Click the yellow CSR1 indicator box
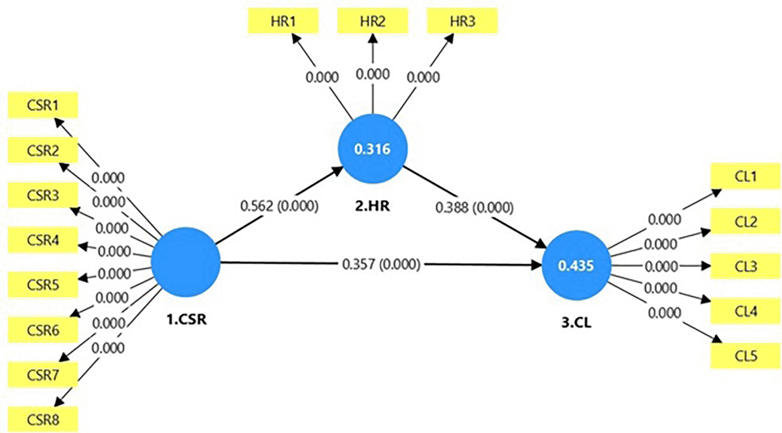pos(43,105)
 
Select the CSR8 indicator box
pos(43,419)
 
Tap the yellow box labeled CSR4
pos(43,240)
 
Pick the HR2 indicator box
pos(372,21)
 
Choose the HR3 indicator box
pos(462,21)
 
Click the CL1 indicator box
pos(746,176)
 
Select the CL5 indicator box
pos(746,356)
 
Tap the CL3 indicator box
pos(746,266)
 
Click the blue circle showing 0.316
pos(372,149)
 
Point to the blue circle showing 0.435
pos(576,265)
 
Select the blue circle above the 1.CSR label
pos(186,262)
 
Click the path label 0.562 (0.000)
pos(279,206)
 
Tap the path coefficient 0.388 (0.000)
pos(474,207)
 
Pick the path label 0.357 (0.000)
pos(381,264)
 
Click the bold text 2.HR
pos(372,206)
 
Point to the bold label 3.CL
pos(576,322)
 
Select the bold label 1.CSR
pos(186,319)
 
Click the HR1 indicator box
pos(283,21)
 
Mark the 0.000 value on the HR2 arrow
pos(372,74)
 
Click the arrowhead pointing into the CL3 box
pos(706,266)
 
